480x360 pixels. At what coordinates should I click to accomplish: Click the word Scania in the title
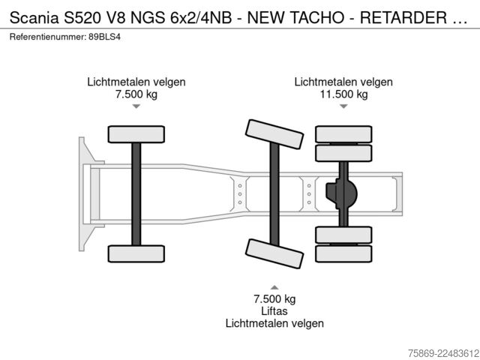(34, 18)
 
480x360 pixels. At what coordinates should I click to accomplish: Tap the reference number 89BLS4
(105, 37)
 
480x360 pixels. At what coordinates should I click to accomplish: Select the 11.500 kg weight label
(343, 94)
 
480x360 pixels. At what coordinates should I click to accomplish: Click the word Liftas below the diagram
(274, 311)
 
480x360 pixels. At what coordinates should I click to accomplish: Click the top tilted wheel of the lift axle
(274, 134)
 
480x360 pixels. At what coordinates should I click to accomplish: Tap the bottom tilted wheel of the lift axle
(274, 253)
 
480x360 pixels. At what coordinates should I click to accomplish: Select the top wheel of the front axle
(136, 134)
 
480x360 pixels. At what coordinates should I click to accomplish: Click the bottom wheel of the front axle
(136, 253)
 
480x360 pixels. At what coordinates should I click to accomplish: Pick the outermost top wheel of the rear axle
(343, 134)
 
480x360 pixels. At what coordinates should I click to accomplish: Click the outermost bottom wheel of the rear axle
(343, 253)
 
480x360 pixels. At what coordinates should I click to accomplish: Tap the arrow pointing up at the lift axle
(274, 287)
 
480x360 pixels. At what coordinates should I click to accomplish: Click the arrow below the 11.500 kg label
(343, 106)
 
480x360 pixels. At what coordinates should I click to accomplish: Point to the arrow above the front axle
(136, 106)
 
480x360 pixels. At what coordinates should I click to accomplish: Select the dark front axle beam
(136, 194)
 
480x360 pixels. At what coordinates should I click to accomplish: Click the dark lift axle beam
(274, 194)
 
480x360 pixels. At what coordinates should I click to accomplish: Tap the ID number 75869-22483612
(443, 353)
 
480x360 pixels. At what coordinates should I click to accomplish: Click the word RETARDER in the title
(403, 18)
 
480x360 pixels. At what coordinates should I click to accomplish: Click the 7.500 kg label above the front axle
(136, 94)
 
